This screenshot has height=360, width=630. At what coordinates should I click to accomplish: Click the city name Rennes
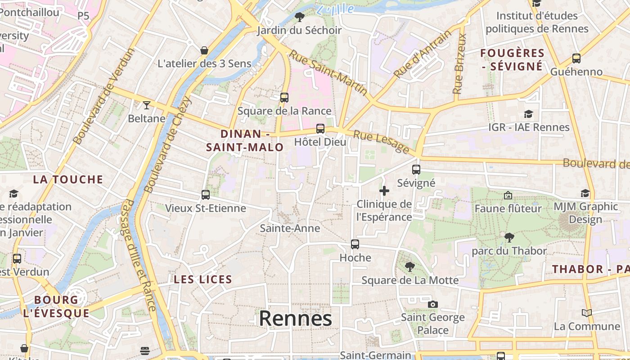(x=296, y=319)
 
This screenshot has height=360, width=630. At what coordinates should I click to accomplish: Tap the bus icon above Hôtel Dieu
(x=320, y=129)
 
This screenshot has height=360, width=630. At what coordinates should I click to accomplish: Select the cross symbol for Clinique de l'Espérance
(x=384, y=191)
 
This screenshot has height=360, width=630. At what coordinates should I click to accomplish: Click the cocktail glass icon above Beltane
(x=146, y=105)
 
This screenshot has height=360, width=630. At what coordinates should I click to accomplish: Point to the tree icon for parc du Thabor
(x=509, y=237)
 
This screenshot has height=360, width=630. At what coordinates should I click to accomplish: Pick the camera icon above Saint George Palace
(x=433, y=304)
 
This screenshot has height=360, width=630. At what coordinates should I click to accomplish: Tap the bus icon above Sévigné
(x=416, y=170)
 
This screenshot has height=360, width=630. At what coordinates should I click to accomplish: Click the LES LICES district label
(x=203, y=279)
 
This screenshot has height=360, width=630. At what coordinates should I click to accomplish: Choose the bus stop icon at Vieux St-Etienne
(x=206, y=195)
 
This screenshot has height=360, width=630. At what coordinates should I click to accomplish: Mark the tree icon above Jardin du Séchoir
(x=299, y=17)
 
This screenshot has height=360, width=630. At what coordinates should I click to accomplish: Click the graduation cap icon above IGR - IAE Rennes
(x=529, y=114)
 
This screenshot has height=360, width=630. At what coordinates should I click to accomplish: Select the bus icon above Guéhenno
(x=576, y=58)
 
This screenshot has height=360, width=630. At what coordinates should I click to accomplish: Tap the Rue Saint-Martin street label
(x=328, y=72)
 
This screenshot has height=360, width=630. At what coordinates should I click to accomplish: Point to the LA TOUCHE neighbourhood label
(x=68, y=180)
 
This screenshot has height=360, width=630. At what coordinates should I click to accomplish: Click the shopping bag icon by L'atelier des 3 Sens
(x=204, y=50)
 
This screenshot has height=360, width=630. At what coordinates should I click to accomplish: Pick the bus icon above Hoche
(x=355, y=244)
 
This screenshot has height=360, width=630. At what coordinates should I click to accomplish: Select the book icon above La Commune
(x=587, y=313)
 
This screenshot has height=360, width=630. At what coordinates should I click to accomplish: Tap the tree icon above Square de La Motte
(x=410, y=267)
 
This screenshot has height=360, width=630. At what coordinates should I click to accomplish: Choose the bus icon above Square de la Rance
(x=284, y=98)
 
